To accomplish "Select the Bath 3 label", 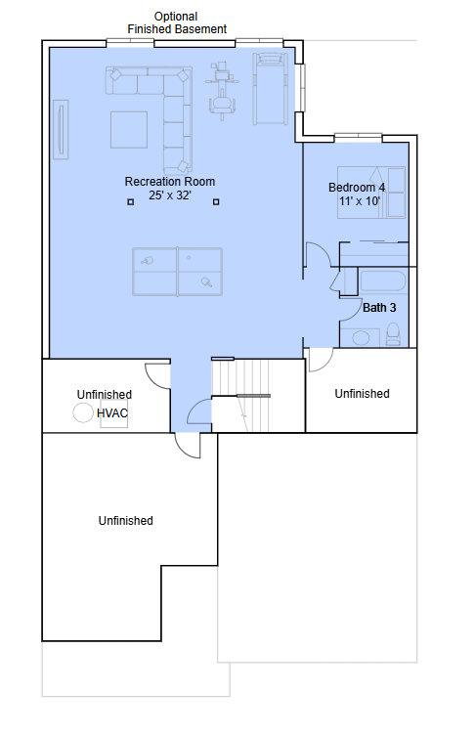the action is tap(379, 308).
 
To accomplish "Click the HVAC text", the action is tap(112, 413).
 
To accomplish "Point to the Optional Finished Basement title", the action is tap(177, 22).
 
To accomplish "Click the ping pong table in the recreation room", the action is tap(177, 272).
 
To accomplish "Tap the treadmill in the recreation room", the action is tap(271, 89).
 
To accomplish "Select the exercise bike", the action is tap(222, 92).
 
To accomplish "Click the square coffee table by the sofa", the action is tap(129, 129).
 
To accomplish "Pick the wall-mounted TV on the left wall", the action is tap(61, 129).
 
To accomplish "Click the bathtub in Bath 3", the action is tap(382, 281).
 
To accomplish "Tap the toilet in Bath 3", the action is tap(393, 333).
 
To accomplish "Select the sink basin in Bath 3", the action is tap(361, 337).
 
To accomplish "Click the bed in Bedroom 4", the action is tap(371, 193).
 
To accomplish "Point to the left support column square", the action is tap(131, 202).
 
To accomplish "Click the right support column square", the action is tap(216, 202).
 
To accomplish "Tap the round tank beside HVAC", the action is tap(83, 413).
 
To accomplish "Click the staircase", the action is tap(241, 395).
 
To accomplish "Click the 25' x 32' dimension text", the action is tap(170, 195).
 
